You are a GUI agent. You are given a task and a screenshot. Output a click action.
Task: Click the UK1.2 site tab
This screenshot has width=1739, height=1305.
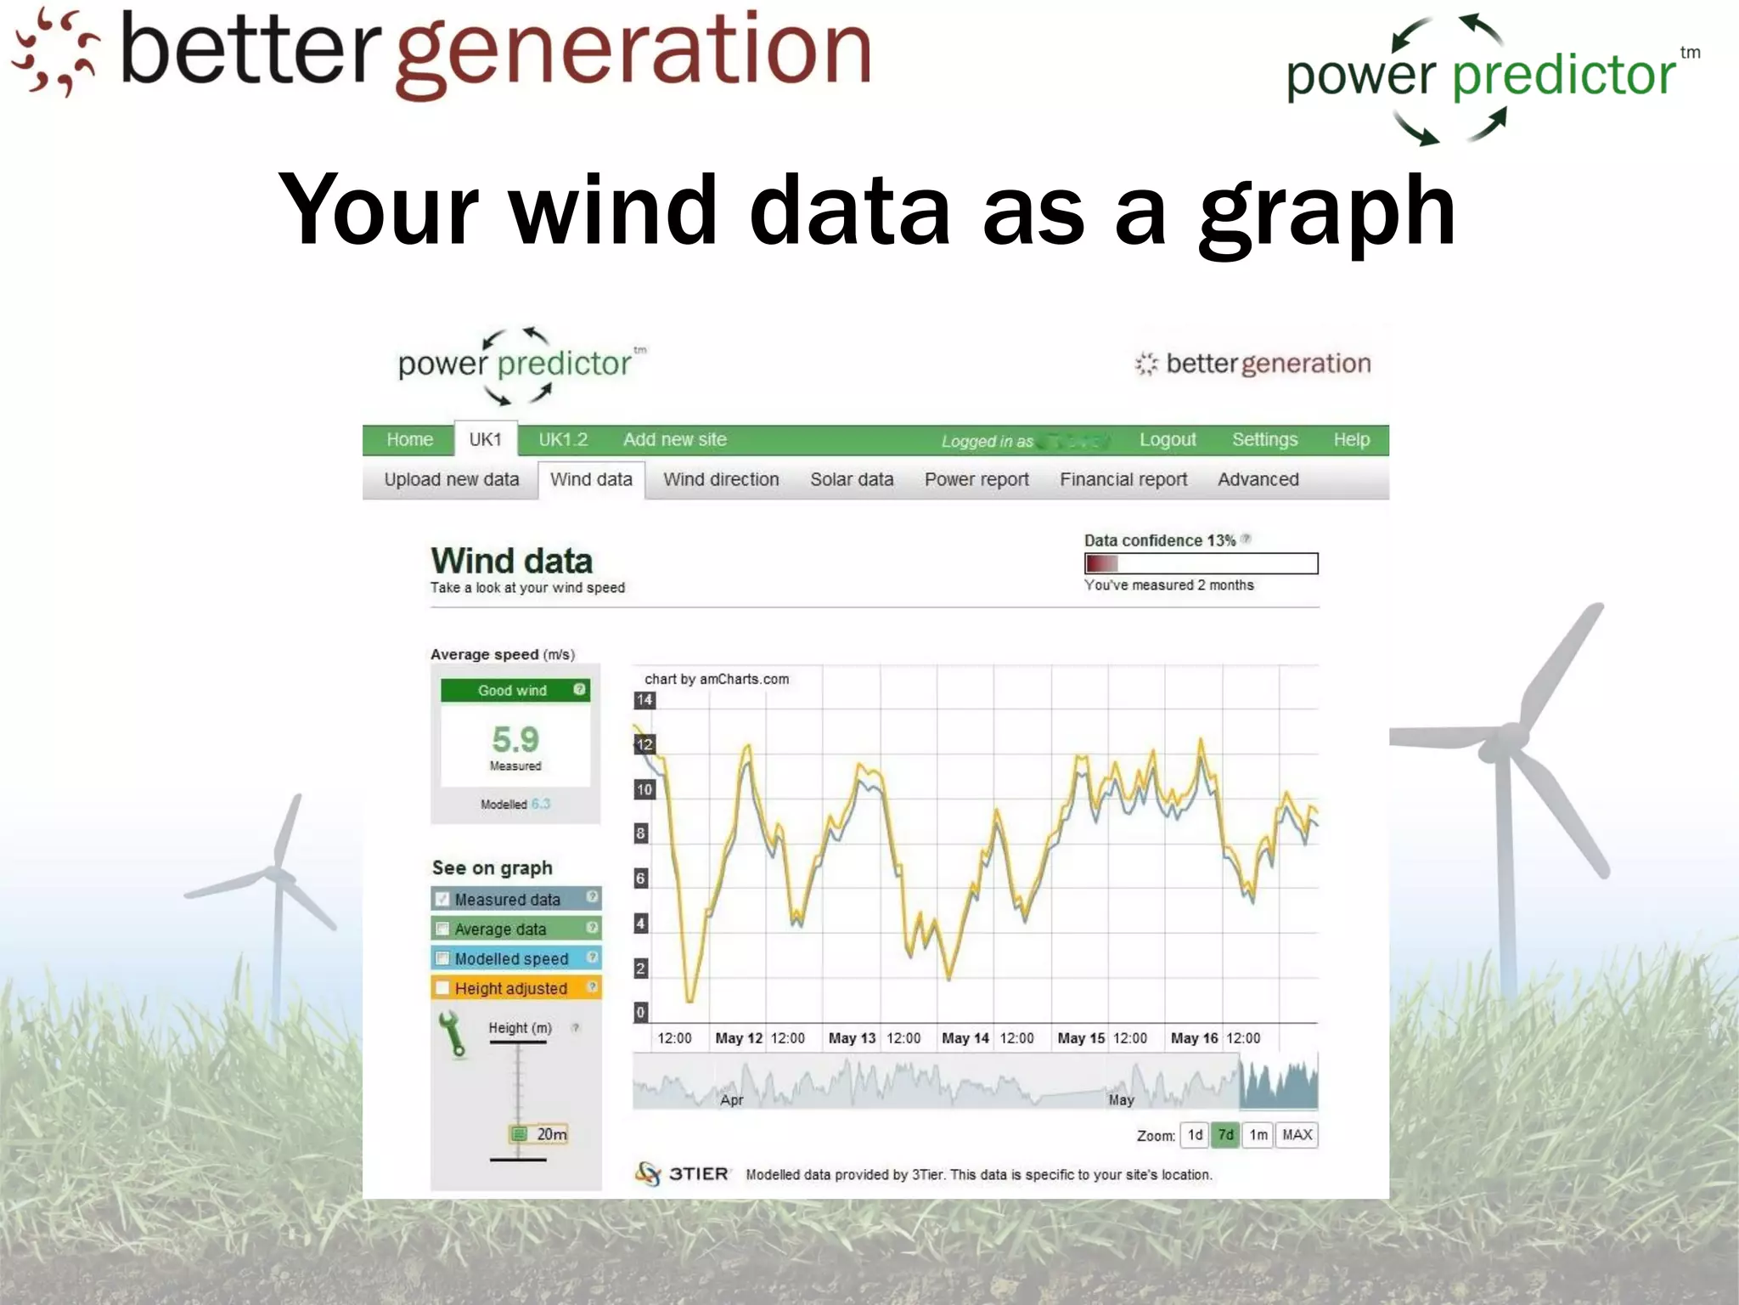click(563, 440)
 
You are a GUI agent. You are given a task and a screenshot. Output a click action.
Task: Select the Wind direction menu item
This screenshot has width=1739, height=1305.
click(721, 480)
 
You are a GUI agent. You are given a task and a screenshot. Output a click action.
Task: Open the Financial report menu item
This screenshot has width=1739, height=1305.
click(1123, 480)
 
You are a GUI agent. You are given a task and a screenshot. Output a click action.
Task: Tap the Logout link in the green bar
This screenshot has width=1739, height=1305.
click(1168, 440)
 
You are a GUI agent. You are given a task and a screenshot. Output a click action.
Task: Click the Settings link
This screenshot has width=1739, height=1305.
click(1264, 440)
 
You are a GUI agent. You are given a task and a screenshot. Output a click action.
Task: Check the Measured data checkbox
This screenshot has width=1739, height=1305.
click(442, 899)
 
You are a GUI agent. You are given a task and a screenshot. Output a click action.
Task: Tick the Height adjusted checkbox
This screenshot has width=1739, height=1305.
click(442, 988)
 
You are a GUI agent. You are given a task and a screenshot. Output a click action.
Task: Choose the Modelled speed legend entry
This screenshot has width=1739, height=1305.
click(511, 958)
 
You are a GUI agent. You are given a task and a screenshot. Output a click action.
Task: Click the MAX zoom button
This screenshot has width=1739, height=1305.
click(1297, 1135)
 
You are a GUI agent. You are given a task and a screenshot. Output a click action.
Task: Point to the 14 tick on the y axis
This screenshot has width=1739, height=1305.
click(644, 700)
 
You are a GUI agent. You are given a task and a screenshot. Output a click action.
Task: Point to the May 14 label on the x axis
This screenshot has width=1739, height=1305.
click(965, 1038)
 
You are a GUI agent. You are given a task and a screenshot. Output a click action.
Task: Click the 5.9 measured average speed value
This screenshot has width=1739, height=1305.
click(515, 739)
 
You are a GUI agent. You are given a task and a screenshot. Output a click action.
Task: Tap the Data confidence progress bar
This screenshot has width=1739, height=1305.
click(1201, 563)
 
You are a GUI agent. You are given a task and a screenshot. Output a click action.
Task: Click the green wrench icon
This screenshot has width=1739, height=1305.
click(453, 1034)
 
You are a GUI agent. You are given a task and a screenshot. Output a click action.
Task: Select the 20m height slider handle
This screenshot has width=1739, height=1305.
click(520, 1134)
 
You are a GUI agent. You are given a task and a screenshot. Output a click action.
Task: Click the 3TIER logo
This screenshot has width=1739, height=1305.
click(683, 1174)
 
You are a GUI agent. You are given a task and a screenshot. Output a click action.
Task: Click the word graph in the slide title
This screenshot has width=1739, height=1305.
click(1327, 211)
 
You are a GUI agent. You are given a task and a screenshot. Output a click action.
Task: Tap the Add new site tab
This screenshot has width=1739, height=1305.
click(675, 440)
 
